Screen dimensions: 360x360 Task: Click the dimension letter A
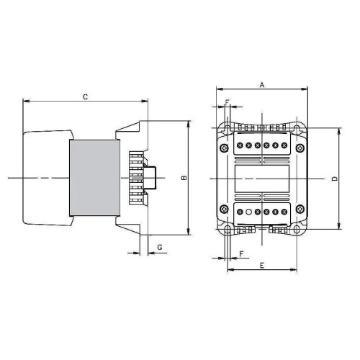262,84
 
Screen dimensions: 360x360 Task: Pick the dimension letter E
261,265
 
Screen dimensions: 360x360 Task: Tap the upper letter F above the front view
228,102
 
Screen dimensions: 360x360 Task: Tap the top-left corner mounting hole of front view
227,130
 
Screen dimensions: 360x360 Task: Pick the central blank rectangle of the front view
261,178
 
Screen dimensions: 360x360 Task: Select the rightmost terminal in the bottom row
285,212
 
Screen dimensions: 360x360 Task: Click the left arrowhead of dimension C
27,101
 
